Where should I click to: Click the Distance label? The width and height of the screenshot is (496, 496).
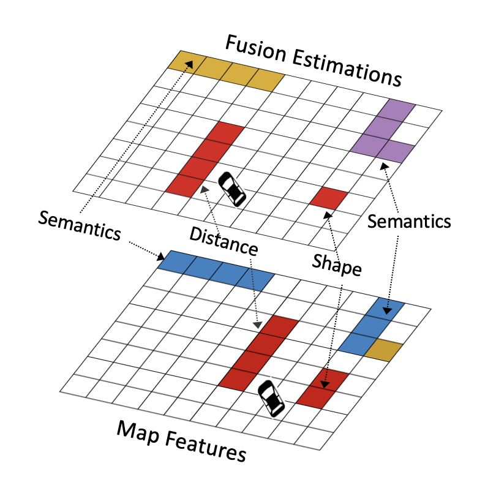[x=223, y=240]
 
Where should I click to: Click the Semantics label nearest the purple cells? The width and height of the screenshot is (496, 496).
[x=410, y=222]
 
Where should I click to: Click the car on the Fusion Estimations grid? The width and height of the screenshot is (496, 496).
[x=233, y=189]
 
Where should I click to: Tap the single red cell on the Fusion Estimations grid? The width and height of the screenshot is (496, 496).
[x=329, y=197]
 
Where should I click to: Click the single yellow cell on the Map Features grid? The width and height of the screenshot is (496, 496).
[x=384, y=350]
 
